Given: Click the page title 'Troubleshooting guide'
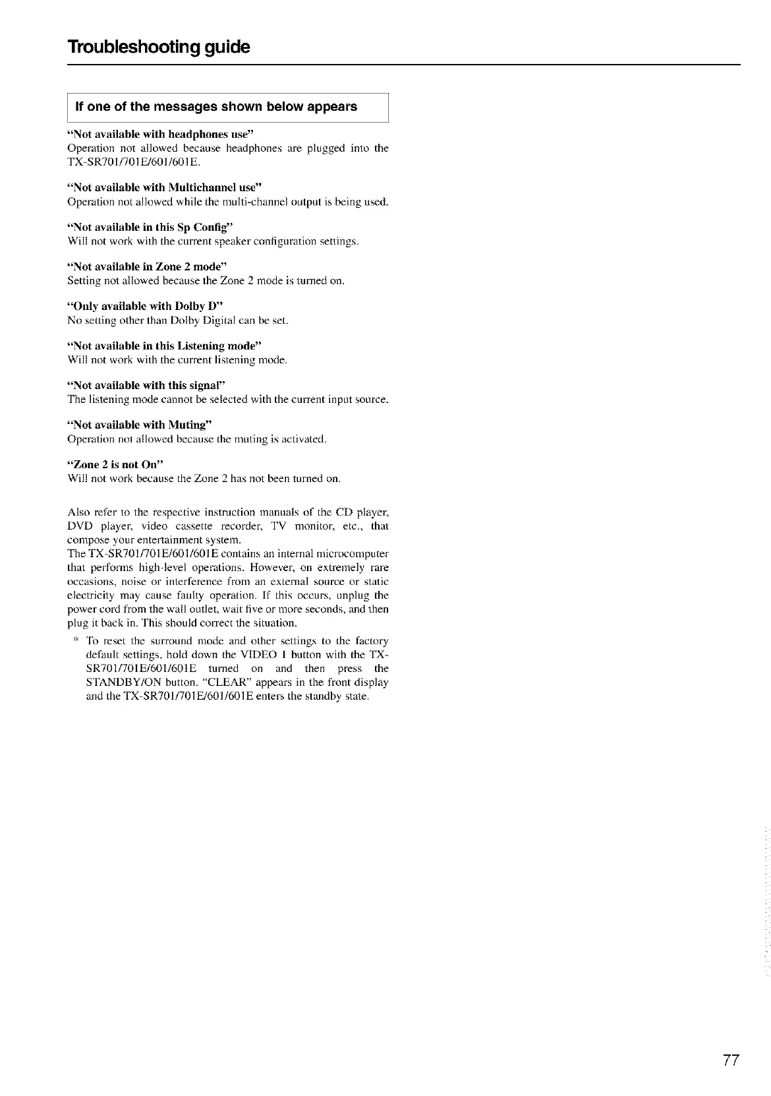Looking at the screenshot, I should point(159,47).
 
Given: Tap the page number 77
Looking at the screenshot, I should point(731,1061).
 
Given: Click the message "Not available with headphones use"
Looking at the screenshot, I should point(161,135).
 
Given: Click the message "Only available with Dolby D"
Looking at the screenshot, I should point(146,306).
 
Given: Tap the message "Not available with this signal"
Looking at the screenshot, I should point(147,385).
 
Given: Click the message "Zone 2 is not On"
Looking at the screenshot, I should point(115,464).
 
